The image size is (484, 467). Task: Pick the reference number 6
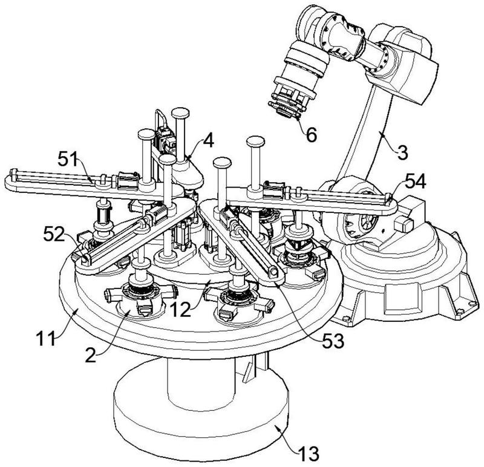tap(310, 134)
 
